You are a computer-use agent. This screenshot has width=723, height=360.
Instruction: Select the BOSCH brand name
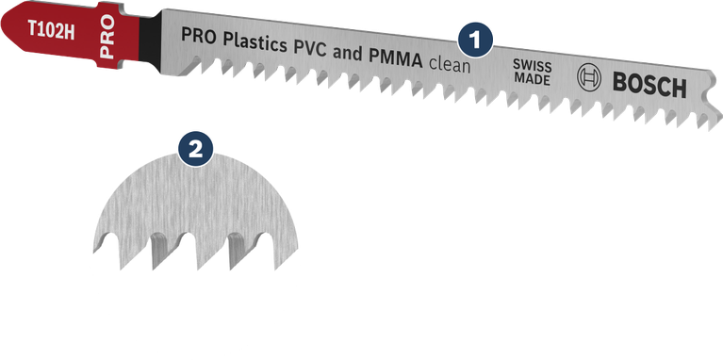coord(651,88)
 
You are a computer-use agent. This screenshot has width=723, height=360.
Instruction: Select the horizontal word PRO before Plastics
coord(196,36)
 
